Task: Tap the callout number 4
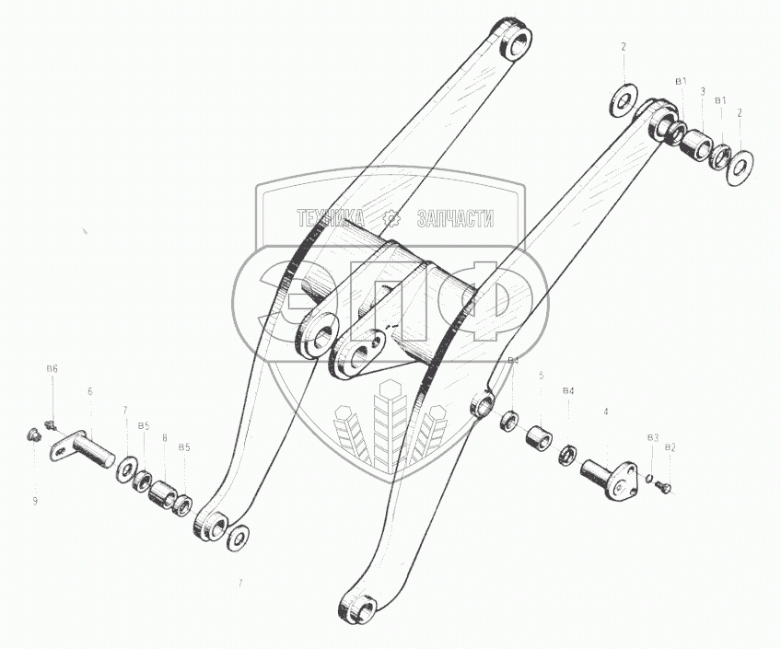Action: (606, 411)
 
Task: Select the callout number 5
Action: (542, 375)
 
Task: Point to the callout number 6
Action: (90, 390)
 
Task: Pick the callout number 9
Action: (36, 501)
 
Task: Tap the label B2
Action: (670, 446)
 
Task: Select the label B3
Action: (652, 436)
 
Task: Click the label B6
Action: (52, 368)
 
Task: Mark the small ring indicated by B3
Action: (649, 478)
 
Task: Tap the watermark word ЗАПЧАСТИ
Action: (456, 218)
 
